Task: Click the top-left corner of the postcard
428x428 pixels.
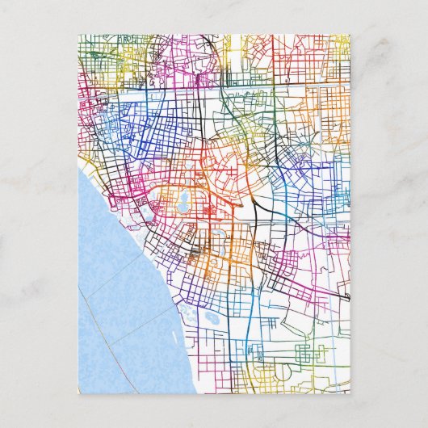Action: click(79, 34)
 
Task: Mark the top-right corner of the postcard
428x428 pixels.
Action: click(350, 34)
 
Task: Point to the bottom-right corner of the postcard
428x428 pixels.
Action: click(350, 393)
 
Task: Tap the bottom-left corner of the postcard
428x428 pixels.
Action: click(79, 393)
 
